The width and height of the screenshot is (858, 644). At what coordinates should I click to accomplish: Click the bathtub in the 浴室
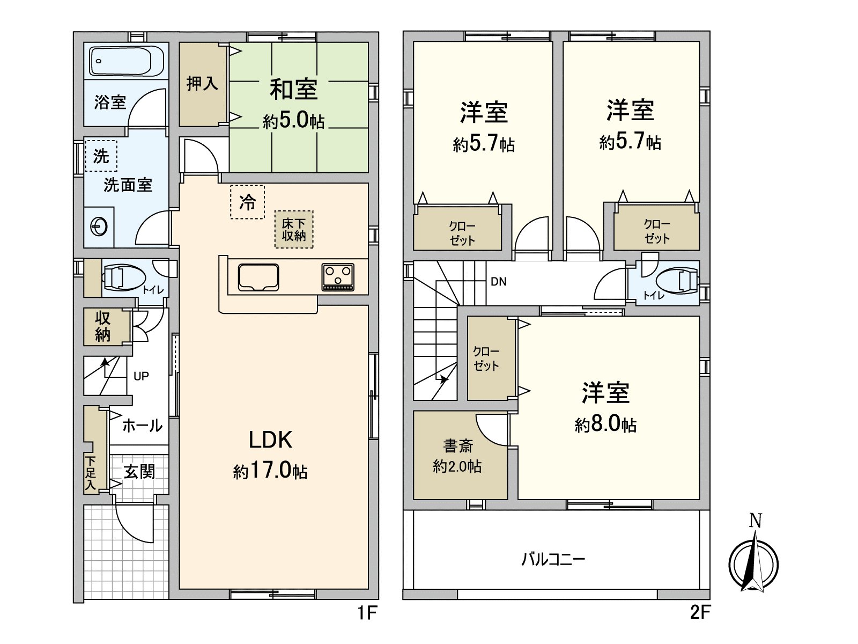[x=127, y=61]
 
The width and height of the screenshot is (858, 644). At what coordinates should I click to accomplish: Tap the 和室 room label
[x=293, y=89]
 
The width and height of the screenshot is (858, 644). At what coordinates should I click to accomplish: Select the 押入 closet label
[x=202, y=83]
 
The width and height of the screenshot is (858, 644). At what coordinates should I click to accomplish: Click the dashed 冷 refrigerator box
[x=247, y=202]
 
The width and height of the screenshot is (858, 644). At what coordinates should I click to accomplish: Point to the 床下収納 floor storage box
[x=294, y=229]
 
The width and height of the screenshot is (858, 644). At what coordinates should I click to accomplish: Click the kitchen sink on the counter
[x=258, y=277]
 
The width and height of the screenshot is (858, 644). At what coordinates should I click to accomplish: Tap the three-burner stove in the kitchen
[x=338, y=277]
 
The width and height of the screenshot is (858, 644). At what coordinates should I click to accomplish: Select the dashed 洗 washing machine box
[x=101, y=156]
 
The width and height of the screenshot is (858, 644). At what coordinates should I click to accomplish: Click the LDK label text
[x=270, y=440]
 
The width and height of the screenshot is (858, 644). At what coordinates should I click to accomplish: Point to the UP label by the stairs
[x=141, y=376]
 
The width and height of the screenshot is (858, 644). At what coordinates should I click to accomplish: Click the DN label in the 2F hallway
[x=498, y=282]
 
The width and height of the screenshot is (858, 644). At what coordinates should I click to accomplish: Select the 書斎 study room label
[x=457, y=446]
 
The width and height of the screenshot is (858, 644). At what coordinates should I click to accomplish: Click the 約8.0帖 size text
[x=605, y=425]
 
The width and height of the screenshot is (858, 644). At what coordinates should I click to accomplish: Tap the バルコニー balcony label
[x=553, y=560]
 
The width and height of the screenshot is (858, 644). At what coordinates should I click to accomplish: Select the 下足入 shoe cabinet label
[x=91, y=472]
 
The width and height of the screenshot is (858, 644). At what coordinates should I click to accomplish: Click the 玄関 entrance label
[x=139, y=472]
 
